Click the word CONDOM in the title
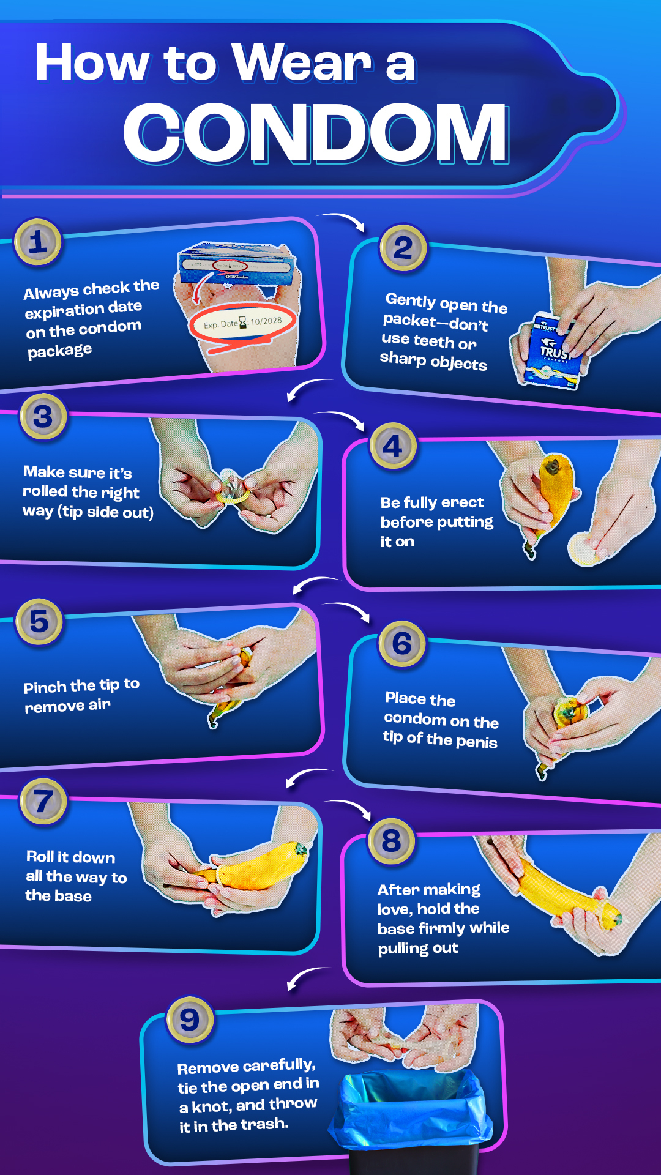tap(316, 133)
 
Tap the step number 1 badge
tap(38, 242)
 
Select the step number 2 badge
tap(403, 248)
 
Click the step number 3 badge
tap(43, 417)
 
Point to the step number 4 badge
tap(393, 446)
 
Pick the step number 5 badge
tap(39, 622)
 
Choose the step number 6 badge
tap(402, 644)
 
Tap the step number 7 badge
tap(43, 802)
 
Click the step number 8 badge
tap(392, 841)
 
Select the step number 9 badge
tap(190, 1020)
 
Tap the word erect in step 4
tap(462, 502)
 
